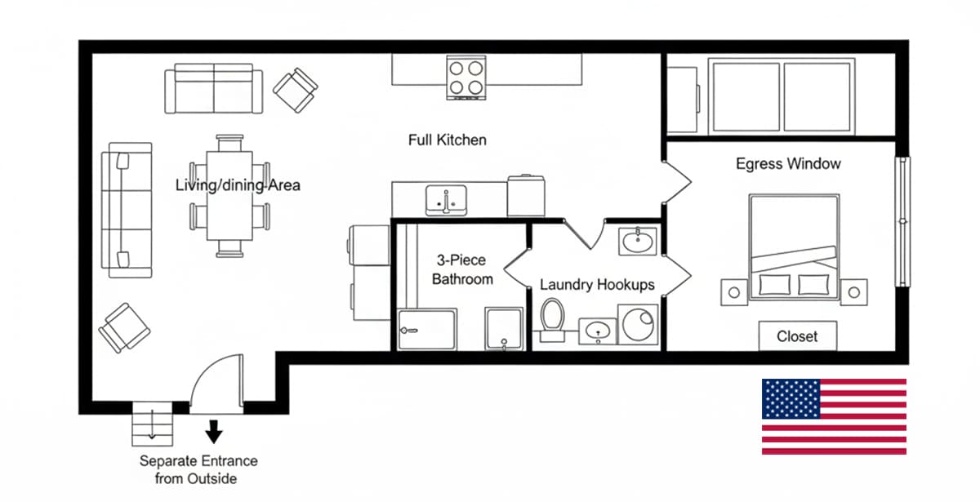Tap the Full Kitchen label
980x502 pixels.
point(447,140)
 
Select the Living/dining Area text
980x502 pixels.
point(238,185)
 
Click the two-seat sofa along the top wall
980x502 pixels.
point(214,91)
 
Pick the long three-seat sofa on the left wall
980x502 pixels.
point(126,206)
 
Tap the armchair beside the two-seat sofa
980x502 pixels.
point(296,90)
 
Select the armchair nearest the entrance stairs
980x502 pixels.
point(125,329)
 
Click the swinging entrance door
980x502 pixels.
point(217,380)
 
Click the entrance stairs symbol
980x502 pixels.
point(152,424)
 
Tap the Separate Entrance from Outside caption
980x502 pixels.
point(198,470)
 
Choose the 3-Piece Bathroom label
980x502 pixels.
point(461,270)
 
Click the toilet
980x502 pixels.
point(553,318)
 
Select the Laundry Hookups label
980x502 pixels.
point(597,285)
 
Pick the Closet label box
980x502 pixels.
point(797,336)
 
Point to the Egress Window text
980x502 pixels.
point(787,164)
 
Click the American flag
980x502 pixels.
point(834,416)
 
